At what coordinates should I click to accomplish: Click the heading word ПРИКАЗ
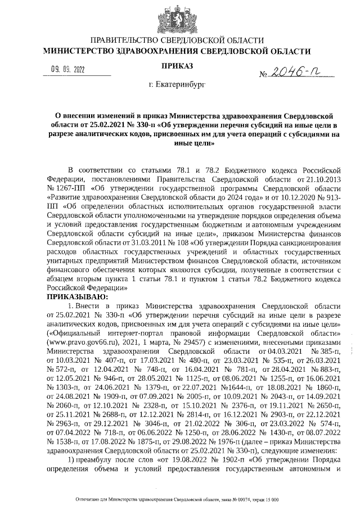[178, 66]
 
